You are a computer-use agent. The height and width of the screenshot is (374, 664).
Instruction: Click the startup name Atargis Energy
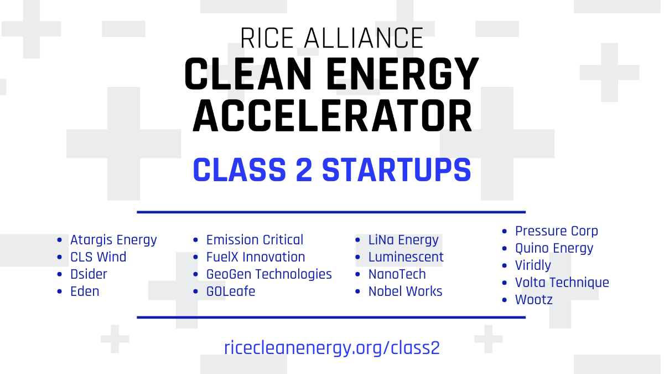113,240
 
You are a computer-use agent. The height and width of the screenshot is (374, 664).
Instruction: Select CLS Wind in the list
98,257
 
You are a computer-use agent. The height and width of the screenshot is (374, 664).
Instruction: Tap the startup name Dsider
89,274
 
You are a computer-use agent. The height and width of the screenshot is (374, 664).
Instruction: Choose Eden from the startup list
85,291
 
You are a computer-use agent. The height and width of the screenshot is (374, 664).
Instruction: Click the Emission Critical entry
255,240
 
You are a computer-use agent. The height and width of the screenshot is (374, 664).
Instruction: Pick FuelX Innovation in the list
256,257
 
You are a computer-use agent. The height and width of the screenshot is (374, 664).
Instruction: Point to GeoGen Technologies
269,274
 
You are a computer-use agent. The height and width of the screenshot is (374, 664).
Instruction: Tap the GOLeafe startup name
231,291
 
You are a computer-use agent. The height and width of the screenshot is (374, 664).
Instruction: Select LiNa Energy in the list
403,240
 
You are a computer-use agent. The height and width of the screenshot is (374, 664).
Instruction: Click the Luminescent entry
406,257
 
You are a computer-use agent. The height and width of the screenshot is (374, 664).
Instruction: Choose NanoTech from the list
397,274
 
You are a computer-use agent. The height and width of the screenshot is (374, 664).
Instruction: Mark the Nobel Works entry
406,291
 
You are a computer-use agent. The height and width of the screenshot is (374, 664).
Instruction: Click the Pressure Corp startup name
557,231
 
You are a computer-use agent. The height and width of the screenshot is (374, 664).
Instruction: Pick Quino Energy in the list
554,248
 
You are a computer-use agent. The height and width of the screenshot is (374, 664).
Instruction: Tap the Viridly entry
533,265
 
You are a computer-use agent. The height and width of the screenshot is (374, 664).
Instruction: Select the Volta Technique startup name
562,283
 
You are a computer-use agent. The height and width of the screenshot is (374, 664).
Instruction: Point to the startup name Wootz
534,300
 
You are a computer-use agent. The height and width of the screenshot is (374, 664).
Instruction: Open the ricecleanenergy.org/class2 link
332,347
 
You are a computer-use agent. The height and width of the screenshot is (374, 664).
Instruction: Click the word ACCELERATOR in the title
332,116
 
